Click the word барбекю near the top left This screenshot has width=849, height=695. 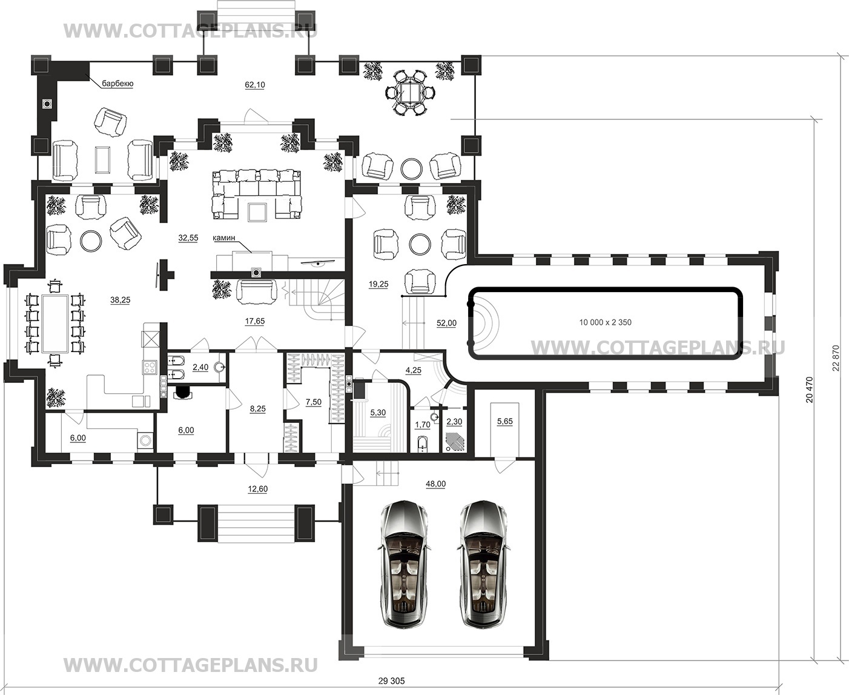coord(117,84)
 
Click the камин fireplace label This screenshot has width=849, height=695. coord(224,238)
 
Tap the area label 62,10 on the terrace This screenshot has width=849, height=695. coord(255,85)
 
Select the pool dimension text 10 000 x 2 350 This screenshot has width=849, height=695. coord(605,322)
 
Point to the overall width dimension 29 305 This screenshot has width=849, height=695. coord(391,681)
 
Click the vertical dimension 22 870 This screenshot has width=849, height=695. coord(836,357)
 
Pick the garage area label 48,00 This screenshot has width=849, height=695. coord(435,484)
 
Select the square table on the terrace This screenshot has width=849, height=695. coord(408,93)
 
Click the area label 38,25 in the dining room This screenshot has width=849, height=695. coord(120,300)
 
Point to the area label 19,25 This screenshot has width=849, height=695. coord(378,284)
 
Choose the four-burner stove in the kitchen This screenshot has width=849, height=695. coord(150,367)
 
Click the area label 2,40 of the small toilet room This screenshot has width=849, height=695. coord(200,367)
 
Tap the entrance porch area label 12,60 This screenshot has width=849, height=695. coord(257,489)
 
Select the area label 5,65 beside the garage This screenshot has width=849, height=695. coord(505,421)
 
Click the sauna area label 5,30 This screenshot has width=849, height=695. coord(378,413)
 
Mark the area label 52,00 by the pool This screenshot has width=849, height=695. coord(446,323)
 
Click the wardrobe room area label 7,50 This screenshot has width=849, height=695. coord(314,402)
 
